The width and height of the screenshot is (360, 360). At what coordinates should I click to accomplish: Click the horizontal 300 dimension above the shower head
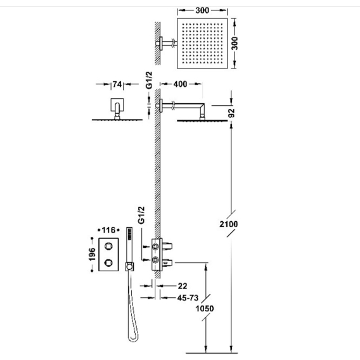[202, 10]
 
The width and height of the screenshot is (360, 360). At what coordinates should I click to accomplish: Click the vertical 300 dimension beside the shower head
[235, 43]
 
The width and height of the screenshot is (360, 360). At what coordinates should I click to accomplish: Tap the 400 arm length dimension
[180, 84]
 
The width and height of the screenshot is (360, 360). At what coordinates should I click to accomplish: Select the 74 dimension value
[117, 84]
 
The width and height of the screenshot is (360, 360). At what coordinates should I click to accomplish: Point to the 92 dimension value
[232, 113]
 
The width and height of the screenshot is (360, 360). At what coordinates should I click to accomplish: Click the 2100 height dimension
[229, 224]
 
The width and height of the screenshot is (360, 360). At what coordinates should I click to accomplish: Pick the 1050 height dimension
[205, 308]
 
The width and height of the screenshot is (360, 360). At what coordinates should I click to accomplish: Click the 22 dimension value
[183, 286]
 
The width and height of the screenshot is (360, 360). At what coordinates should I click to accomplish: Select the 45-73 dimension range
[188, 298]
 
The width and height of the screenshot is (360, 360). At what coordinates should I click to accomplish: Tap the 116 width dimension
[108, 230]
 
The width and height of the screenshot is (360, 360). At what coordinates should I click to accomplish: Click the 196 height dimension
[92, 254]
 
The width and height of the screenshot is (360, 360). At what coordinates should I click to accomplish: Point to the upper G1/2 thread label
[149, 80]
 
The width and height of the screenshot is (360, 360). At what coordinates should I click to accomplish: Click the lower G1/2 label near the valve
[142, 215]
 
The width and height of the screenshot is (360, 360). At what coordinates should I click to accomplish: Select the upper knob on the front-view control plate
[108, 247]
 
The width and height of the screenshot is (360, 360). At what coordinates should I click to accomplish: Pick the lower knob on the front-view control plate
[108, 262]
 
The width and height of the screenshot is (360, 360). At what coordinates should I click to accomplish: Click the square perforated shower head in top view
[202, 43]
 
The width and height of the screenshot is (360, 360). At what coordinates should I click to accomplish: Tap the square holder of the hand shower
[130, 267]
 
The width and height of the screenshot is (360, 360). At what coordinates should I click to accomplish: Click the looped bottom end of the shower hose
[133, 339]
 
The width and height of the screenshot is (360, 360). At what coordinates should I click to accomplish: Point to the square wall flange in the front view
[117, 105]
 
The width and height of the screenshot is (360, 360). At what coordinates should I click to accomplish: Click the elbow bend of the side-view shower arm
[202, 106]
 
